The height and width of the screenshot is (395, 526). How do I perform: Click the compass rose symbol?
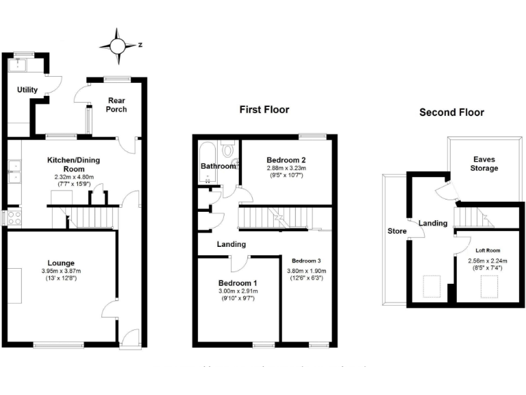coord(117,45)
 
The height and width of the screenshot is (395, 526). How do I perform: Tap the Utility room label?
coord(27,90)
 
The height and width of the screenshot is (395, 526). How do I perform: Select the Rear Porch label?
coord(116,104)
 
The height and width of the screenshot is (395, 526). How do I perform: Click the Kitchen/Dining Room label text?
coord(73,165)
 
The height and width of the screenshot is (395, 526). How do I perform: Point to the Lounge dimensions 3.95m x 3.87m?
coord(61,271)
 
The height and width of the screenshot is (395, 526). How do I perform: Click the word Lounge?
coord(61,263)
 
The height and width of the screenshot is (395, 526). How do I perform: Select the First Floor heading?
coord(264,110)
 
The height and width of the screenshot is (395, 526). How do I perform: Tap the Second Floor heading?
coord(451,112)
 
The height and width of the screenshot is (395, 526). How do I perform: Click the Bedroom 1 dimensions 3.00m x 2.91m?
coord(238,292)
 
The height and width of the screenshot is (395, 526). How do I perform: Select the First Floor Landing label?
coord(231,244)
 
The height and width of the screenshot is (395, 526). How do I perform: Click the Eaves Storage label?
coord(479,163)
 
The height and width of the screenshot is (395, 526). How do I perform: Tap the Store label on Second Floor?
coord(397,231)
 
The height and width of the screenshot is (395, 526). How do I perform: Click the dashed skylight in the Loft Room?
coord(490,285)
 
